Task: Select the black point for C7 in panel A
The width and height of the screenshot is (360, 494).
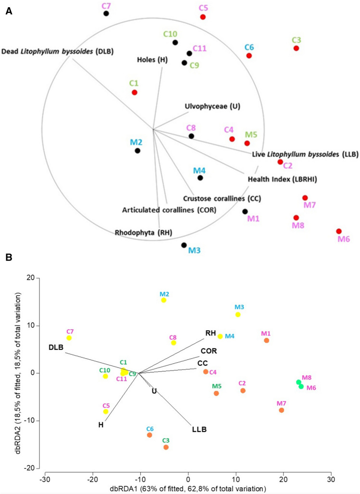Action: pyautogui.click(x=106, y=13)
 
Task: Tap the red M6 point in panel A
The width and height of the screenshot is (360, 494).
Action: pyautogui.click(x=339, y=231)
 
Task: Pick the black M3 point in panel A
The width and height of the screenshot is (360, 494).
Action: pyautogui.click(x=184, y=245)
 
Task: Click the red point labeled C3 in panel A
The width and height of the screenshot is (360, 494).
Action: pyautogui.click(x=296, y=48)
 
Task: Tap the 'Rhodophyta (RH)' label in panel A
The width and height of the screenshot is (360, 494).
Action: pyautogui.click(x=144, y=233)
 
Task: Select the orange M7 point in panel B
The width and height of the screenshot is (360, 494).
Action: pyautogui.click(x=281, y=410)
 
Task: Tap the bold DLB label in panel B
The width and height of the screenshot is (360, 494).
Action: pyautogui.click(x=56, y=347)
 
